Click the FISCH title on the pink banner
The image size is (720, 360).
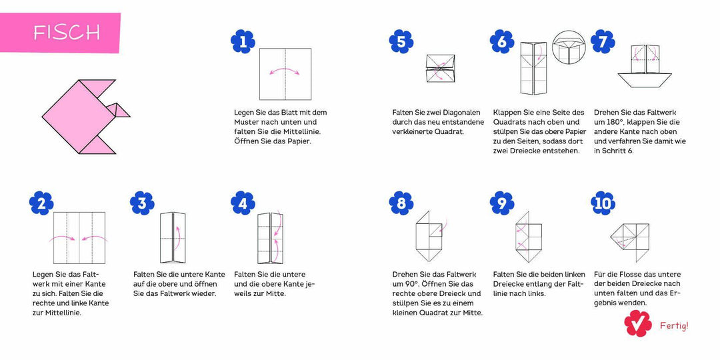67,32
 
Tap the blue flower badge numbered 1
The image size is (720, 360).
243,43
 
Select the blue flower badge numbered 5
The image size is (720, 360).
401,43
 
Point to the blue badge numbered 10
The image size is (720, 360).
603,203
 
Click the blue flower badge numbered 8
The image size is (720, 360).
401,203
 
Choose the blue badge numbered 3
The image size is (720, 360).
142,203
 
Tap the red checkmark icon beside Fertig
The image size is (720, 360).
637,323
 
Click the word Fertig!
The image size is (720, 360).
673,326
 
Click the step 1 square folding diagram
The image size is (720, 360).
285,73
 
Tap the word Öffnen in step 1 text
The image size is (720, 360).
248,141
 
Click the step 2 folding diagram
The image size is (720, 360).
79,238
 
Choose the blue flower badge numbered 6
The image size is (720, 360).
501,43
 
